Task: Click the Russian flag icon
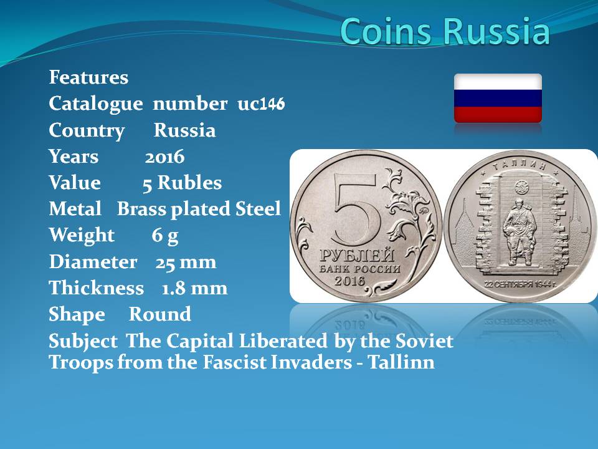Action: click(x=498, y=98)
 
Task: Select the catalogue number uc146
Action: click(x=261, y=104)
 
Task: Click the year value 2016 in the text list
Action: click(x=164, y=157)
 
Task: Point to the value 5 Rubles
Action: click(x=183, y=183)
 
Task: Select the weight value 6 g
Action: click(x=164, y=236)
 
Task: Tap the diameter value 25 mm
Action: click(x=186, y=263)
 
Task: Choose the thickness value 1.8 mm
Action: click(x=194, y=288)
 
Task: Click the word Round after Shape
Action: click(x=160, y=314)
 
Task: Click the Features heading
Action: click(x=88, y=77)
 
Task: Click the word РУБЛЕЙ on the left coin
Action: click(x=357, y=255)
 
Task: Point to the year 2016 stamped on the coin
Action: click(x=349, y=281)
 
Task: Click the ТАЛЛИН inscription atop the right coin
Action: click(x=520, y=165)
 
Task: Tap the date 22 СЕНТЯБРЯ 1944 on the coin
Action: click(x=521, y=284)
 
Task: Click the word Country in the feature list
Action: click(x=87, y=131)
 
